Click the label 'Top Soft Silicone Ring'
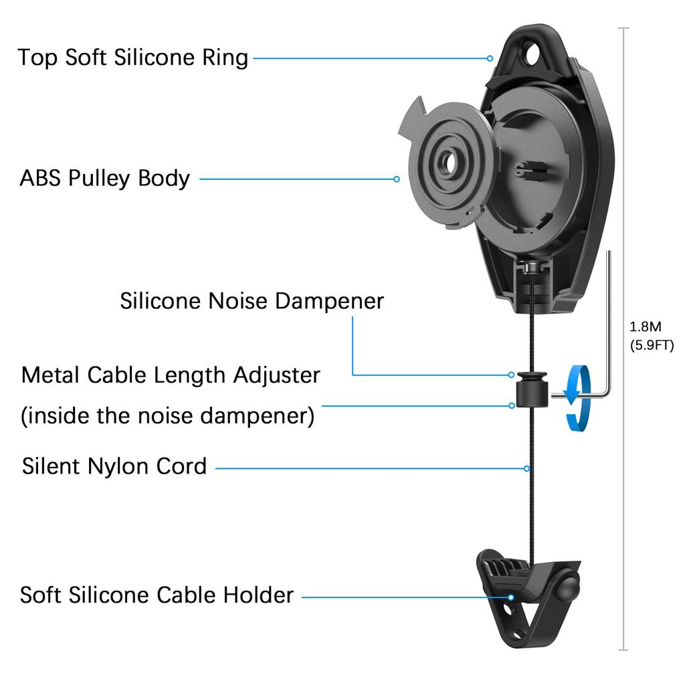[x=133, y=58]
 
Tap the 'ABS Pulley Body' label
[x=105, y=179]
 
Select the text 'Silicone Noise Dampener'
[x=252, y=301]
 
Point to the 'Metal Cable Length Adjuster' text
[x=171, y=375]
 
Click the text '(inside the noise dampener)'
[x=168, y=417]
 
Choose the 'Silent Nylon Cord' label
[x=114, y=466]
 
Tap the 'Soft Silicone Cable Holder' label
[x=157, y=595]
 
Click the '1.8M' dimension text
[x=646, y=327]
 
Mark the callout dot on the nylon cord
[x=527, y=468]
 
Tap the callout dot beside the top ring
[x=490, y=58]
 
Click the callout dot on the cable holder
[x=511, y=595]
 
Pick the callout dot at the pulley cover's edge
[x=397, y=179]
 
